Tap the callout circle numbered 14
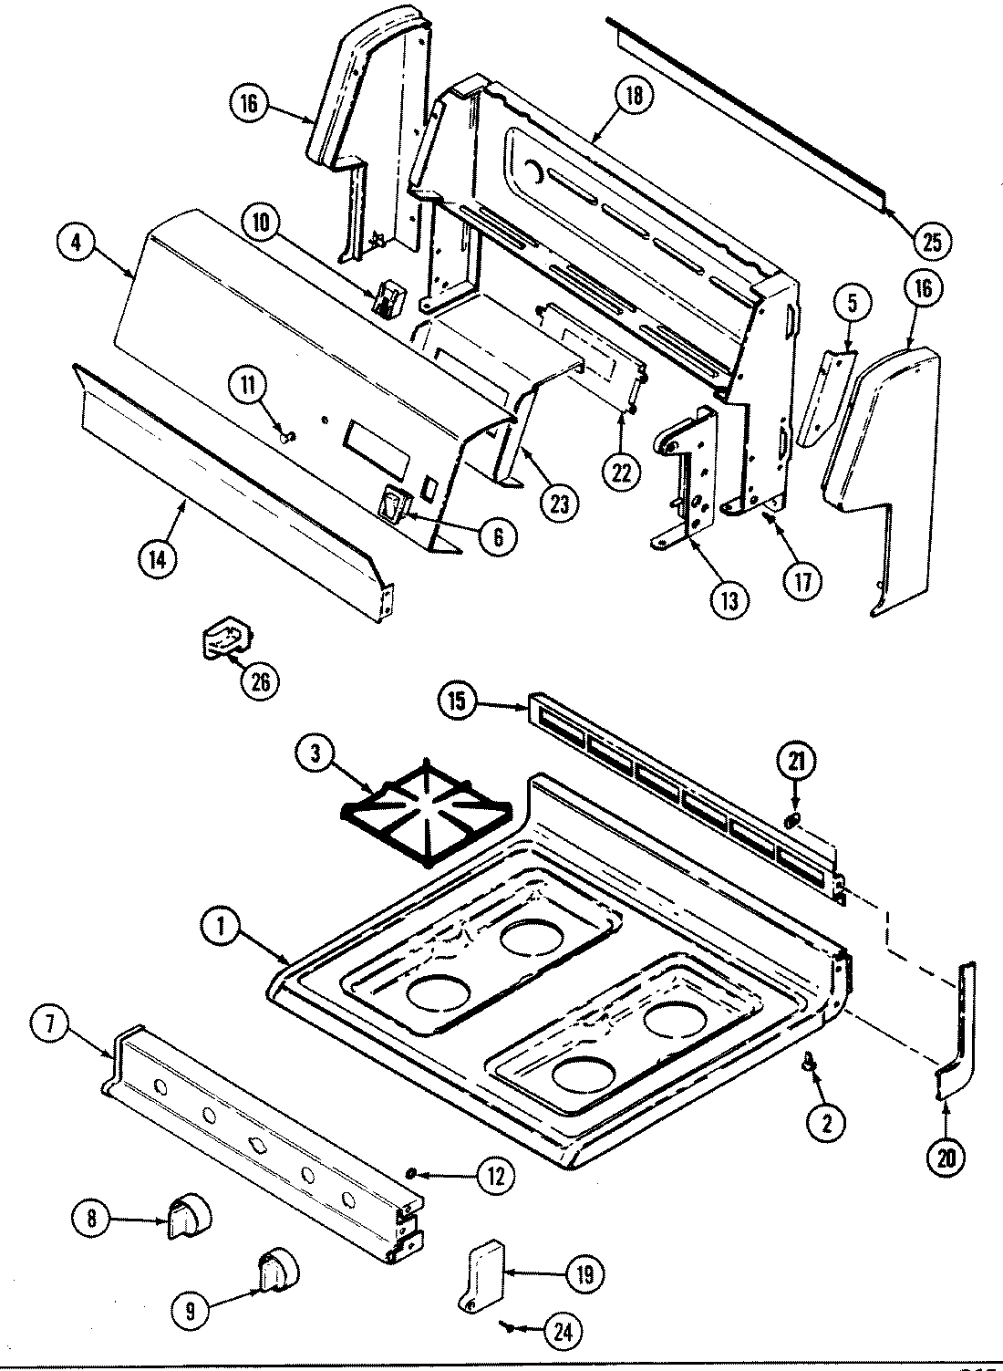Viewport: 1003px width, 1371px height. click(157, 560)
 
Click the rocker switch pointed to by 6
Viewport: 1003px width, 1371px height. click(398, 505)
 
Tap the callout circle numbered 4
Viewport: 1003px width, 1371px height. click(76, 244)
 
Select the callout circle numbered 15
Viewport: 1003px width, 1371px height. click(457, 701)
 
